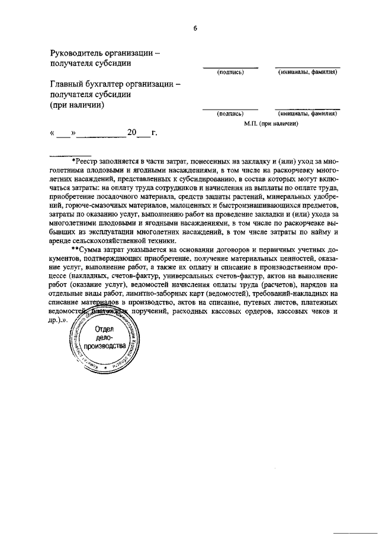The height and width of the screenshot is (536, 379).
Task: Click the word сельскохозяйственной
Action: pyautogui.click(x=111, y=240)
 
